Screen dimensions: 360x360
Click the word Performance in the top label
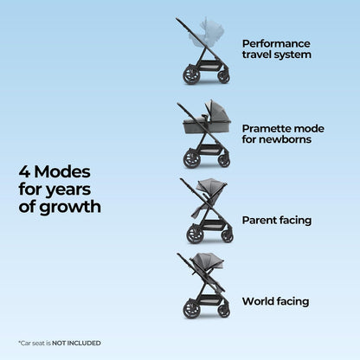tap(276, 43)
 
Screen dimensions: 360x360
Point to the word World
tap(258, 301)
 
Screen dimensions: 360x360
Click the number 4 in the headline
tap(24, 172)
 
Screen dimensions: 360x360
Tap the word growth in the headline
tap(70, 208)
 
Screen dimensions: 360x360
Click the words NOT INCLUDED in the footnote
tap(76, 344)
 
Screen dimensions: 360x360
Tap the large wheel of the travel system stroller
tap(191, 74)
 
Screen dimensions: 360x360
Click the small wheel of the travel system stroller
tap(224, 76)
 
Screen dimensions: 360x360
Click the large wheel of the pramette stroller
tap(192, 158)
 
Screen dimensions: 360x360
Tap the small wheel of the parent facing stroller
tap(228, 236)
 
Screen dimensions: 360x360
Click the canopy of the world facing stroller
tap(207, 260)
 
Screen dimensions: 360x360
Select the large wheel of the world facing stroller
tap(191, 308)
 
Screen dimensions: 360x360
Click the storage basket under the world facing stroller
tap(209, 300)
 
